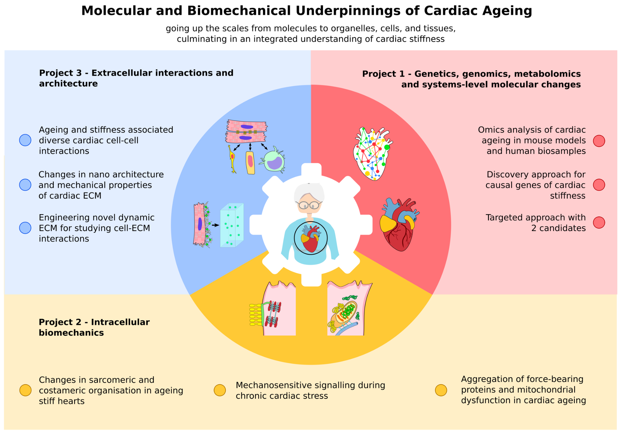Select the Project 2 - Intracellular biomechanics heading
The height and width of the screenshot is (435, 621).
(x=94, y=327)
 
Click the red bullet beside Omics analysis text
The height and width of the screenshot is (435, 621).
(x=599, y=141)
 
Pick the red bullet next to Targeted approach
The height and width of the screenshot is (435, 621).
(x=599, y=223)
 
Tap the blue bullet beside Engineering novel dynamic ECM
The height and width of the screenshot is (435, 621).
(x=25, y=228)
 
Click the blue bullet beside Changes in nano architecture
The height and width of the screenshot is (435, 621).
(x=25, y=185)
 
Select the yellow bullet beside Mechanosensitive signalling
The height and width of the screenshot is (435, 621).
(x=220, y=390)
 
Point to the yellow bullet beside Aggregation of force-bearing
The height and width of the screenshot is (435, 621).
(x=441, y=390)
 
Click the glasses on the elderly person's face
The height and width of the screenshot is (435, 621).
(x=309, y=205)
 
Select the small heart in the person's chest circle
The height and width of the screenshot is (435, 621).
(x=310, y=239)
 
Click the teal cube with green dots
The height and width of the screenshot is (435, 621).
(x=232, y=226)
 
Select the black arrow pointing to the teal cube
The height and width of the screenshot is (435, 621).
(x=215, y=225)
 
